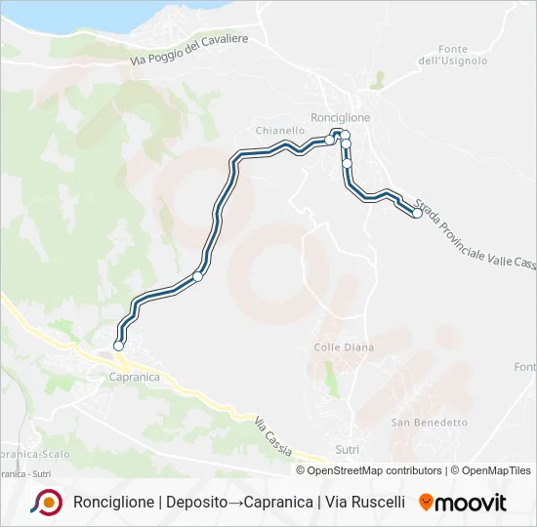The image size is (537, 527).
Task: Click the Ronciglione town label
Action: point(340,117)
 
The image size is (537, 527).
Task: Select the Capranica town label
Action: point(134,377)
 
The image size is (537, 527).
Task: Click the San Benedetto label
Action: point(430,423)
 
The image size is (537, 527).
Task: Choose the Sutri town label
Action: point(347,450)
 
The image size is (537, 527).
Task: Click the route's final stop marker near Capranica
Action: point(119,345)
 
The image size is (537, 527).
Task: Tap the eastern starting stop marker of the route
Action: point(417,214)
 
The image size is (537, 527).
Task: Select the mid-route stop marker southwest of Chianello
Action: point(198,276)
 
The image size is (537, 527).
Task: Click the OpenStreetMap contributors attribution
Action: point(369,470)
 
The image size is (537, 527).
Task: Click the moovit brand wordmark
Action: point(471,503)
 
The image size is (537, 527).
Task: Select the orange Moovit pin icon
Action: point(426,503)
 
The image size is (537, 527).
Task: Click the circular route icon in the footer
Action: point(46,503)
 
